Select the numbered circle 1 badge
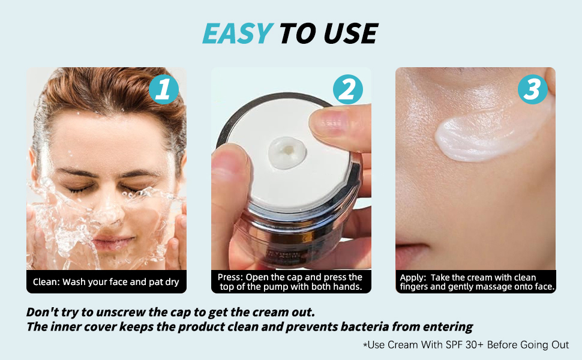click(x=163, y=90)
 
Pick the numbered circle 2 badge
click(x=347, y=90)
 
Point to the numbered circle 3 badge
click(x=533, y=90)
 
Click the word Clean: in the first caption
click(x=46, y=282)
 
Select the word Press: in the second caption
click(x=230, y=277)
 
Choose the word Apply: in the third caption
click(x=413, y=278)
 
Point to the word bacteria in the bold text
click(x=356, y=327)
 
